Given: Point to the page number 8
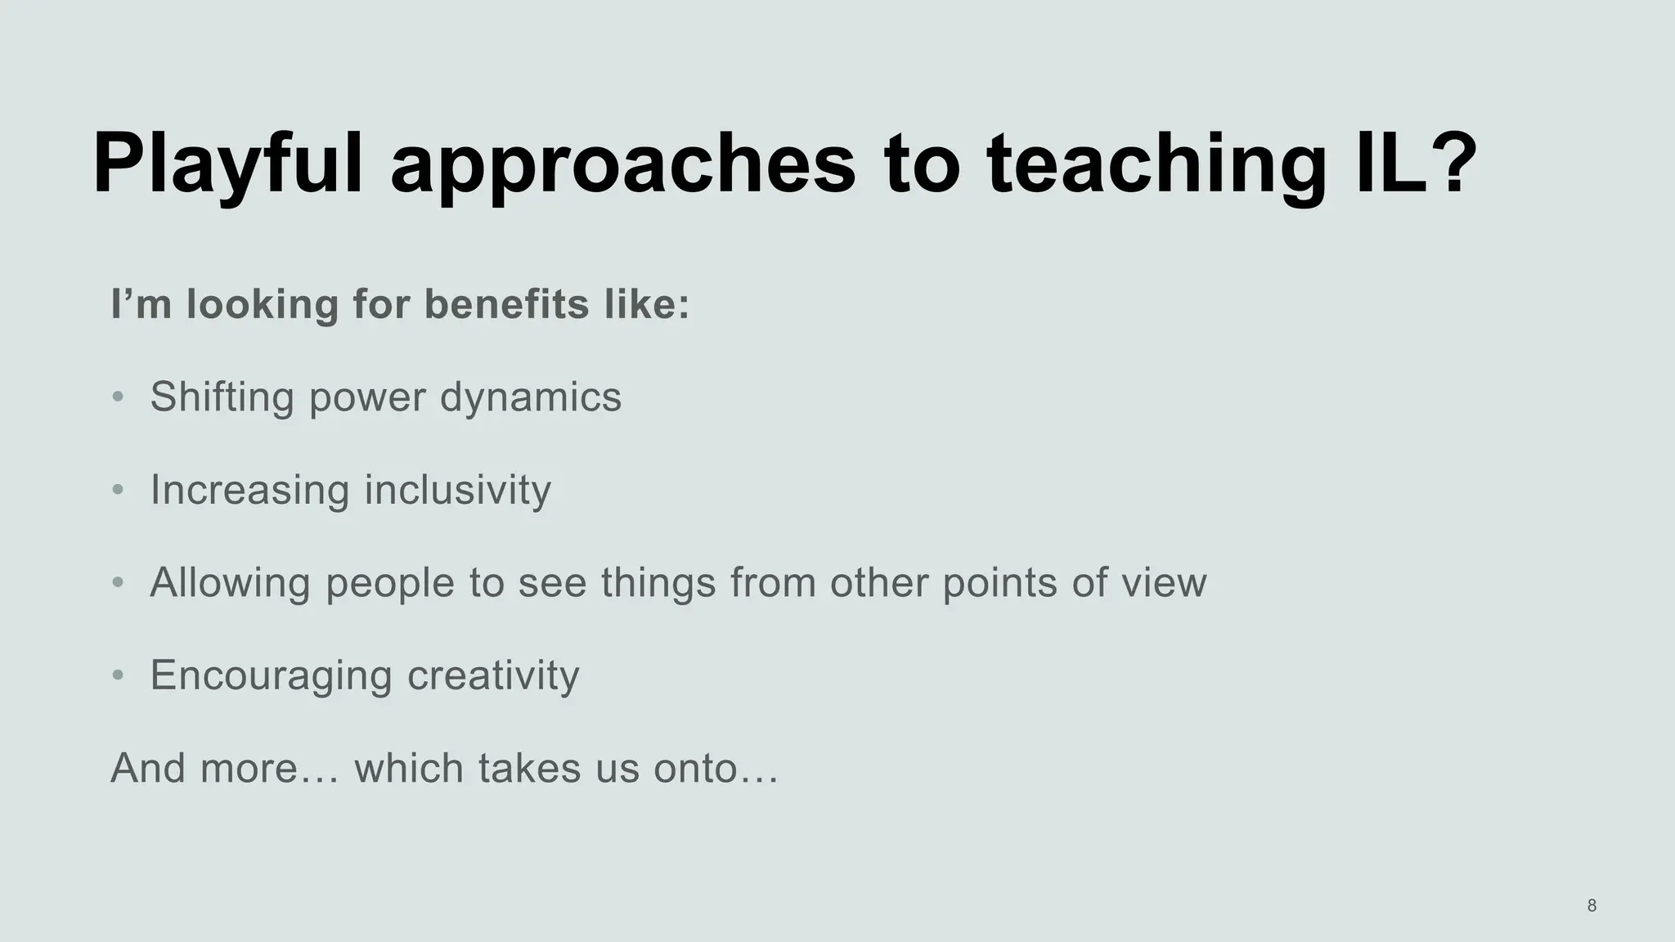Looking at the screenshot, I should (1592, 905).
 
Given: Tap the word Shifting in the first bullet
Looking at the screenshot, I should (222, 397).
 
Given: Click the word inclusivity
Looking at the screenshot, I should (457, 490).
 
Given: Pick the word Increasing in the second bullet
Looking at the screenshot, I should (249, 491).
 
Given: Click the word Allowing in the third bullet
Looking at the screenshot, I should (230, 582).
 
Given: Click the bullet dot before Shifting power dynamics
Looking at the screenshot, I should (119, 397).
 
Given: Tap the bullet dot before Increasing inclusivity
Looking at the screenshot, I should (119, 490).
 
